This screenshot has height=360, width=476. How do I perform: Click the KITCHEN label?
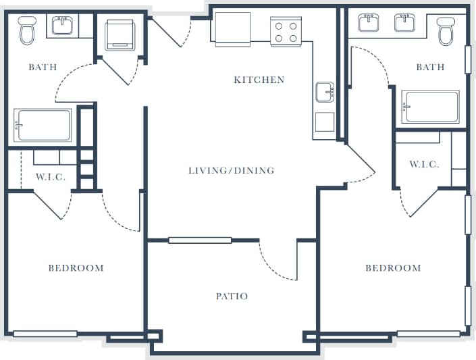[x=259, y=80]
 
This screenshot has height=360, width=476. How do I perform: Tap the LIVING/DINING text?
[x=231, y=170]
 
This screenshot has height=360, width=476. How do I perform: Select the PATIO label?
[x=232, y=296]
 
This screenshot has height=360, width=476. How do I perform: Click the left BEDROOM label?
[x=76, y=268]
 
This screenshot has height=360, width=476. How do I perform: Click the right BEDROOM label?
[x=393, y=268]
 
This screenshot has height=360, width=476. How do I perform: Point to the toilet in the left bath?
[x=27, y=30]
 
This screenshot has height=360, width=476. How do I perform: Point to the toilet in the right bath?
[x=446, y=30]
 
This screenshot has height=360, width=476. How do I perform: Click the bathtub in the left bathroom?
[x=43, y=124]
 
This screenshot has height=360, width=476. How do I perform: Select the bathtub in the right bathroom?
[x=430, y=106]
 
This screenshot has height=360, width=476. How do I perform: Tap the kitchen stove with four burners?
[x=286, y=31]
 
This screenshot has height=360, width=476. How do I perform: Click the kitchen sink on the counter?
[x=325, y=92]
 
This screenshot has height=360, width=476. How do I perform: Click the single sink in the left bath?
[x=63, y=26]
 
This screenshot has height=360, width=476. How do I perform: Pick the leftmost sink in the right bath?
[x=369, y=22]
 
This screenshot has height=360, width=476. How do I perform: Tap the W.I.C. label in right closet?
[x=424, y=164]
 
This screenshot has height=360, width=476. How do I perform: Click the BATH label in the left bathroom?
[x=42, y=67]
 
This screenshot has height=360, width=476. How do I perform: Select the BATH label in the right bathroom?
[x=430, y=67]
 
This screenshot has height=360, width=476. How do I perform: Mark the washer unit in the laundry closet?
[x=120, y=34]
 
